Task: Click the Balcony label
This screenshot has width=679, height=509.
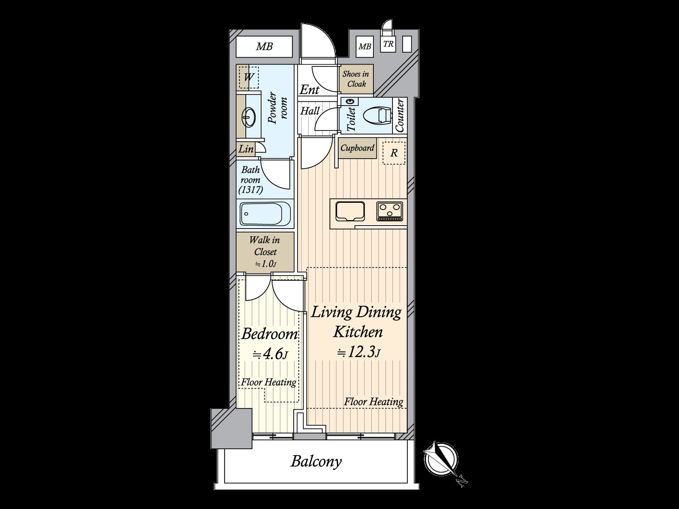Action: coord(316,461)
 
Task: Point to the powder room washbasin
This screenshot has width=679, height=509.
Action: coord(249,117)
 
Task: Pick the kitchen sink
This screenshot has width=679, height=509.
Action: coord(350,211)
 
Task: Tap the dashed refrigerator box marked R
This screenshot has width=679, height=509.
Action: coord(394,153)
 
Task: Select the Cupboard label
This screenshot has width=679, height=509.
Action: coord(357,148)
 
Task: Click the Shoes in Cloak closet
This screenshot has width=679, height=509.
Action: coord(356,79)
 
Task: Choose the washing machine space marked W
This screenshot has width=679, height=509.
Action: coord(249,78)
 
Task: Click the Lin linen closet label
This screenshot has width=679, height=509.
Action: coord(246,149)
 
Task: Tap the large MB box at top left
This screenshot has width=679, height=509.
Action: coord(264,47)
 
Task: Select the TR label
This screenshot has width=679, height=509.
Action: coord(388,44)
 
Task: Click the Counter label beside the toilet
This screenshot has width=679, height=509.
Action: coord(399,115)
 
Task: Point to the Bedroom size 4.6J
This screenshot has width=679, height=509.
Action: coord(270,354)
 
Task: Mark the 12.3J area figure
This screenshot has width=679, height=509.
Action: coord(359,352)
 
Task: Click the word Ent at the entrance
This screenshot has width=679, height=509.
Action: coord(309,89)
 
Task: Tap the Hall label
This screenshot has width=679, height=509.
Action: coord(310,111)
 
